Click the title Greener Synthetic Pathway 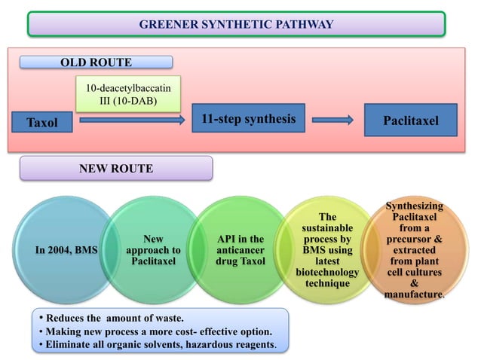(236, 25)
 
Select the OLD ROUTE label (96, 63)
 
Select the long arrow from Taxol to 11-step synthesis (133, 120)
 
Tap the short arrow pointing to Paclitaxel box (332, 120)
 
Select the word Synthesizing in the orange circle (414, 206)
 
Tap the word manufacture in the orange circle (412, 294)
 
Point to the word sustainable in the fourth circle (327, 227)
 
